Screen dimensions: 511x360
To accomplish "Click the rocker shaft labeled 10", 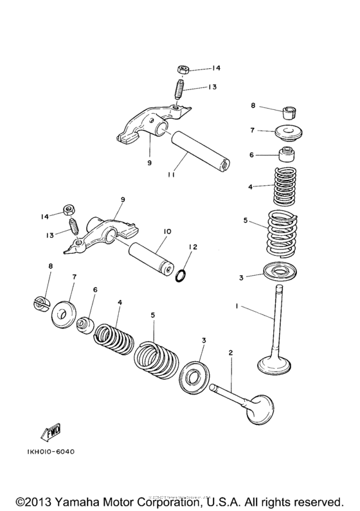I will [x=149, y=260].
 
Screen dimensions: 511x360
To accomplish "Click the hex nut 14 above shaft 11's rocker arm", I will [x=181, y=69].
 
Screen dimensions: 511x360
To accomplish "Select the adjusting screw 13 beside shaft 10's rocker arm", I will [x=73, y=228].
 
